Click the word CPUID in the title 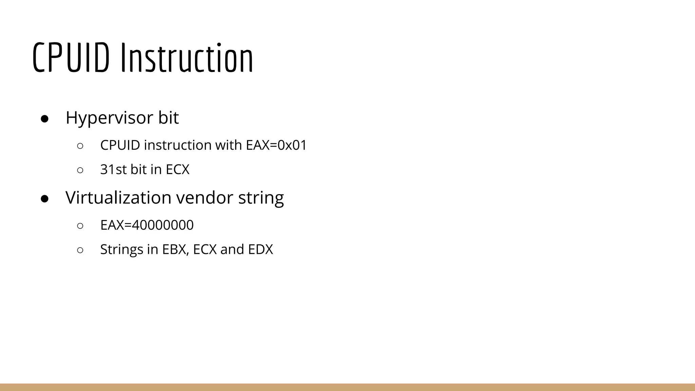click(71, 58)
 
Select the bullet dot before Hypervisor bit click(45, 119)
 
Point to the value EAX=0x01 click(276, 145)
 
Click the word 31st click(113, 169)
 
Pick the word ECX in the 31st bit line click(177, 169)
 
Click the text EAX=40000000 click(147, 225)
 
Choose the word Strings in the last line click(122, 249)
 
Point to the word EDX click(260, 249)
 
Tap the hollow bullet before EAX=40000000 click(80, 226)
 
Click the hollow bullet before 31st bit click(80, 170)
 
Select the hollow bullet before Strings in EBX click(80, 250)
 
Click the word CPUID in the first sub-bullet click(120, 145)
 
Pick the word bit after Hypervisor click(168, 118)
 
